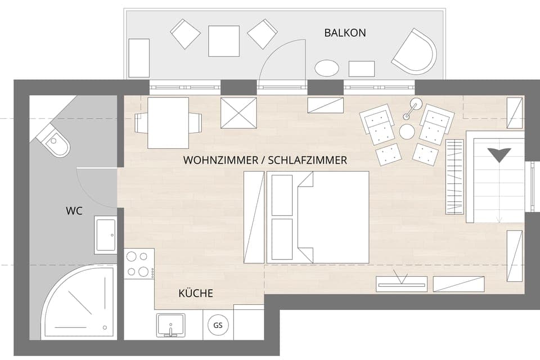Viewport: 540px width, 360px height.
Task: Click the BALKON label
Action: tap(345, 33)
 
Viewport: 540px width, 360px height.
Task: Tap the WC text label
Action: tap(74, 211)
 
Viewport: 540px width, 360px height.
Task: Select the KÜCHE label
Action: tap(195, 293)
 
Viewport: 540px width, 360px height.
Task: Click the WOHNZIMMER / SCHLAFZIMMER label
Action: tap(265, 160)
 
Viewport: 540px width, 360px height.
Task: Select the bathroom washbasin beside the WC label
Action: tap(105, 235)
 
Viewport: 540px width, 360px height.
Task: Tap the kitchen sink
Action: tap(170, 325)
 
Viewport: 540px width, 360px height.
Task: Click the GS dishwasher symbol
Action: tap(218, 325)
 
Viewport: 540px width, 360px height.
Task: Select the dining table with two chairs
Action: tap(168, 123)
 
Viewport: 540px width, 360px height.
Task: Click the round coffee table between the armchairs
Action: tap(407, 132)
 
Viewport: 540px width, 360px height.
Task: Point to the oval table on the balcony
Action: tap(327, 68)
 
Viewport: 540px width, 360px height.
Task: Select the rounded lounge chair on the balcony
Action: tap(416, 52)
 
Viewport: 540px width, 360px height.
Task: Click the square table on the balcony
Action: tap(223, 41)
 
